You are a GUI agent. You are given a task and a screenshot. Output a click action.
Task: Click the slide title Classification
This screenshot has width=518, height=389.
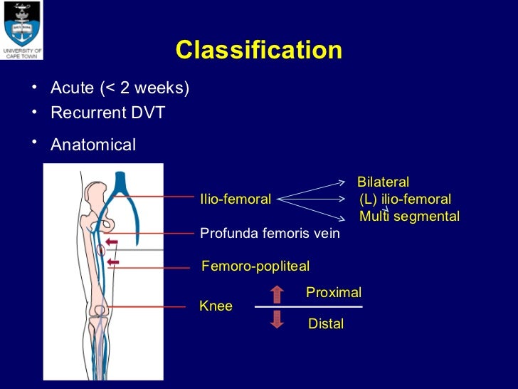click(x=258, y=51)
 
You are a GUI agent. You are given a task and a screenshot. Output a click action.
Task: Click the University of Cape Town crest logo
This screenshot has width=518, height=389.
click(x=21, y=26)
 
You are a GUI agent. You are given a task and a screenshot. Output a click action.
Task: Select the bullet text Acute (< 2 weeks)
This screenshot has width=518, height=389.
click(x=120, y=88)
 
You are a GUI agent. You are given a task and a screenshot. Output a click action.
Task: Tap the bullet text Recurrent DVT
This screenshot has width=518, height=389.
click(x=107, y=113)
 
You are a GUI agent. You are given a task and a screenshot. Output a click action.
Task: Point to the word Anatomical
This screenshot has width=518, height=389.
click(x=92, y=145)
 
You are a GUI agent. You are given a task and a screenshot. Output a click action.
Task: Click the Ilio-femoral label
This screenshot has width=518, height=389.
click(x=236, y=199)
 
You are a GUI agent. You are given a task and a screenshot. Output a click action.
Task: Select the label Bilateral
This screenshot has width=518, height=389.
click(x=383, y=182)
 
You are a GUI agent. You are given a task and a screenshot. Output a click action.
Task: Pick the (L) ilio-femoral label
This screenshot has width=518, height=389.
click(x=405, y=199)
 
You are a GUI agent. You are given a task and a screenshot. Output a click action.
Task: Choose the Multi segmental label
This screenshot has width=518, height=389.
click(x=409, y=217)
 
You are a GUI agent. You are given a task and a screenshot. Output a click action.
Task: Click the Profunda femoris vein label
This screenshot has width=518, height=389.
click(x=270, y=233)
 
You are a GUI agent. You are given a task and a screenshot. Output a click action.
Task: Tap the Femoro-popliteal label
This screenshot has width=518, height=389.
click(x=255, y=266)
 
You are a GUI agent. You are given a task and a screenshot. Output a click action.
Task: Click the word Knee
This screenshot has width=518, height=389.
click(x=216, y=306)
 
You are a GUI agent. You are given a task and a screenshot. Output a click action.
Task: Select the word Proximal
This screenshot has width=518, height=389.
click(x=333, y=292)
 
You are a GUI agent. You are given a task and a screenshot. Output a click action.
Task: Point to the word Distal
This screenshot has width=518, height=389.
click(x=325, y=324)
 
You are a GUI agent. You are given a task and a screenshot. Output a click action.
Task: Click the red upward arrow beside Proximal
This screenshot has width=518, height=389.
click(x=277, y=294)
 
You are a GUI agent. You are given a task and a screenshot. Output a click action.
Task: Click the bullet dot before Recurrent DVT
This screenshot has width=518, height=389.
click(x=33, y=112)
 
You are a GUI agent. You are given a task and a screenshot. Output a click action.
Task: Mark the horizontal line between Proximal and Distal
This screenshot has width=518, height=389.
click(x=308, y=307)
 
